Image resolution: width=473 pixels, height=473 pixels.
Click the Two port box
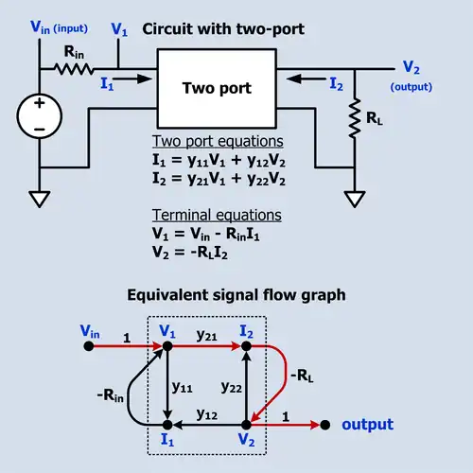(217, 88)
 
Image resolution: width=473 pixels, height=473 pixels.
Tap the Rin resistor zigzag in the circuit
(73, 68)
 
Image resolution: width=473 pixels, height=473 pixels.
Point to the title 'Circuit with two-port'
(223, 28)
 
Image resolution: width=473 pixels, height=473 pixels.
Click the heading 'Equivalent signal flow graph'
(236, 294)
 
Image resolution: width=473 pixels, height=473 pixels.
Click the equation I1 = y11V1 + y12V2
(219, 160)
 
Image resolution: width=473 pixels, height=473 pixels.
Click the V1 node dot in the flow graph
(167, 346)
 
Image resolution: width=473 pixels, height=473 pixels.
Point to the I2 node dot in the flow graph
(246, 346)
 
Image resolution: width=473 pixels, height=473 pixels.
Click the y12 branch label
(206, 414)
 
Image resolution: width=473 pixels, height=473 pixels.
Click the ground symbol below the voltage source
(41, 200)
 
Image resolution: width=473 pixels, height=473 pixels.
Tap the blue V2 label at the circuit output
(410, 66)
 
